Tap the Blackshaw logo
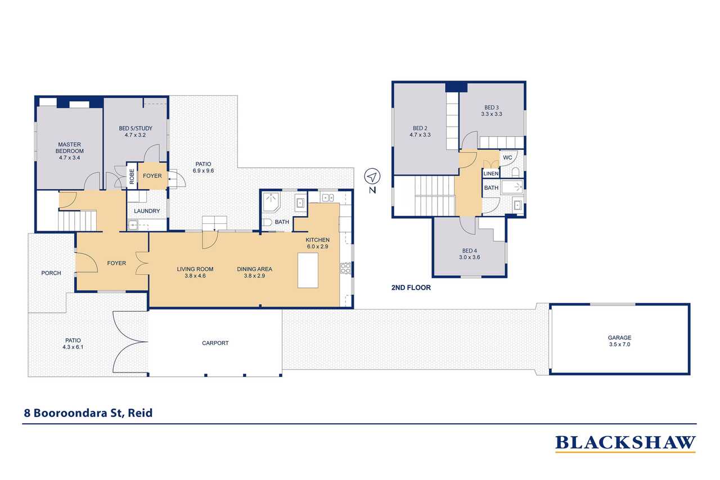click(625, 443)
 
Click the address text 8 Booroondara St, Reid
click(88, 413)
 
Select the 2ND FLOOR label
click(411, 288)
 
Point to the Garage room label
click(619, 338)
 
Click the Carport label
click(215, 343)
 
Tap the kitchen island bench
click(308, 270)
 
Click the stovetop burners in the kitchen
click(345, 268)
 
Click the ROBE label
click(132, 177)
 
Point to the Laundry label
click(147, 211)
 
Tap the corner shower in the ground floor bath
click(271, 202)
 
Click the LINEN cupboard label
click(491, 174)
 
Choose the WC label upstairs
click(507, 158)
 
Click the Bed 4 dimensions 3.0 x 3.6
click(469, 257)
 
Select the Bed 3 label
click(492, 107)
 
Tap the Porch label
click(51, 273)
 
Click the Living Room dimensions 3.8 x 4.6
click(195, 276)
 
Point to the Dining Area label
click(255, 269)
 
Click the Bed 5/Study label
click(136, 128)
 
